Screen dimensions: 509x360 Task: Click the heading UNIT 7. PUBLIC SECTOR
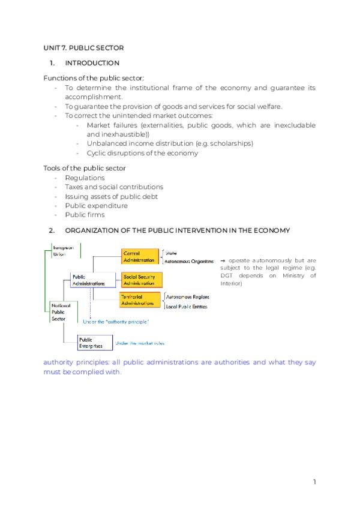click(x=83, y=47)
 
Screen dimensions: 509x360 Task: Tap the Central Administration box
click(x=140, y=256)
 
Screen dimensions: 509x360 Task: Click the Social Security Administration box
click(x=141, y=279)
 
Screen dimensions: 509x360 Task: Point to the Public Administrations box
click(x=88, y=280)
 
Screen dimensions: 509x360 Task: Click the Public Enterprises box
click(x=91, y=343)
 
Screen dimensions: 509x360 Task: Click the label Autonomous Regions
click(x=187, y=297)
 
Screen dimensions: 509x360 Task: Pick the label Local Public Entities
click(x=187, y=307)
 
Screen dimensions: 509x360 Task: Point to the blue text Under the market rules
click(x=139, y=343)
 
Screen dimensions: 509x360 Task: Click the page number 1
click(x=314, y=481)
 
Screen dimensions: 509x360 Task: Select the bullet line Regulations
click(x=85, y=178)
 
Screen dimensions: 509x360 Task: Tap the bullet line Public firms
click(x=85, y=214)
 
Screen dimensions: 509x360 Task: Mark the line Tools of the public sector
click(x=85, y=168)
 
